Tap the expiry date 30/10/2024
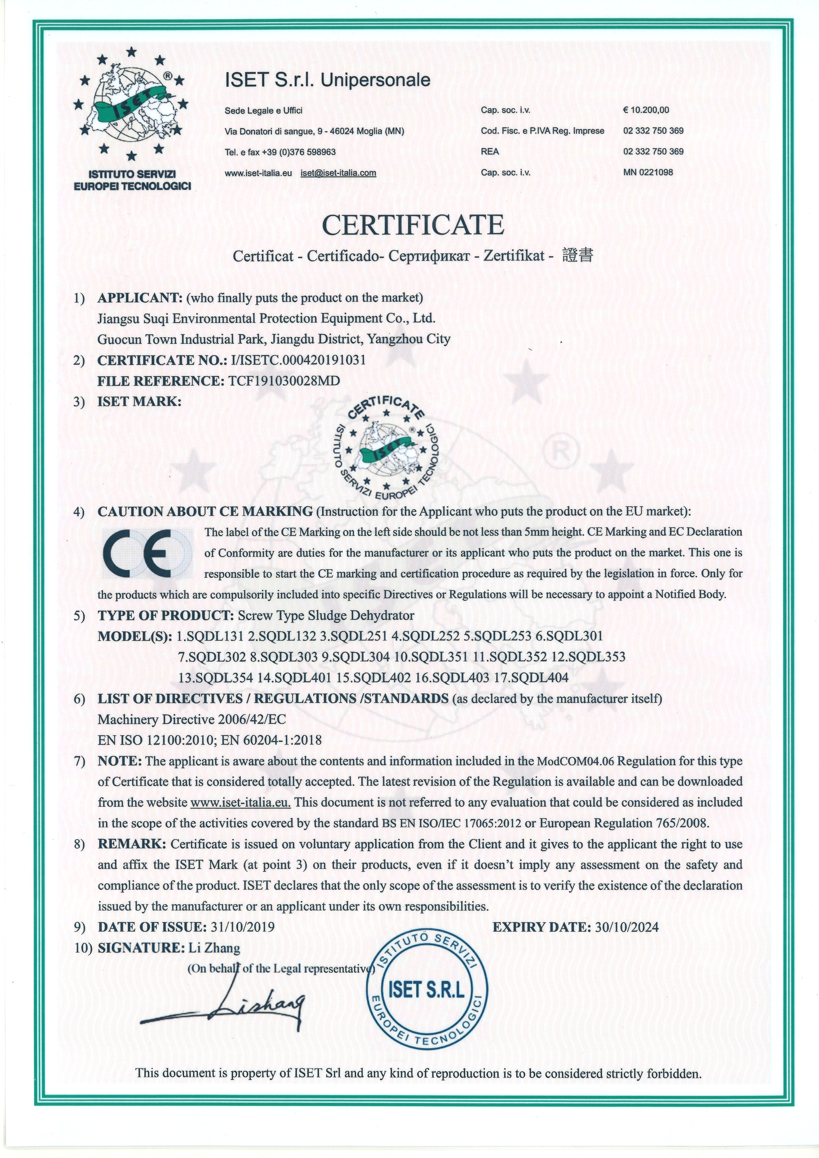coord(626,927)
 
